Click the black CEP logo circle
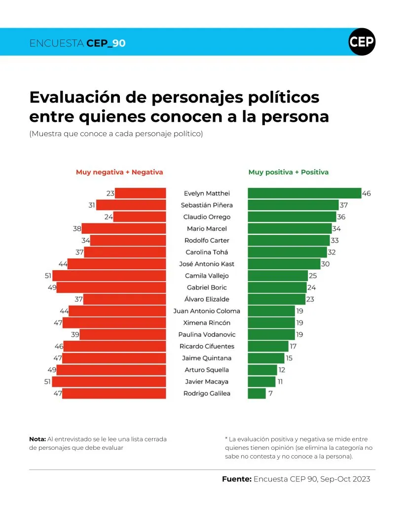point(362,42)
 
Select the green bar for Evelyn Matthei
point(304,193)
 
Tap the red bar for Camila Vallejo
point(109,276)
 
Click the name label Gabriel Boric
point(207,288)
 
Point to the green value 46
point(367,194)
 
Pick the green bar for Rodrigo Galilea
point(257,394)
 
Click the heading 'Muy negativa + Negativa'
point(119,172)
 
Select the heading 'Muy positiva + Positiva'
point(289,172)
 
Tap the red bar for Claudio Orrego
point(140,217)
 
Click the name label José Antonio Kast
point(207,264)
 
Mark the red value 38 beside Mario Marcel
point(76,229)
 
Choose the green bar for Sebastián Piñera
point(293,205)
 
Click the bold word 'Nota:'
point(37,439)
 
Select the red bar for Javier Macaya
point(109,382)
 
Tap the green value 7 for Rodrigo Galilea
point(270,394)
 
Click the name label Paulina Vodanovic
point(207,334)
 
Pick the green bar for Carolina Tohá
point(287,252)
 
